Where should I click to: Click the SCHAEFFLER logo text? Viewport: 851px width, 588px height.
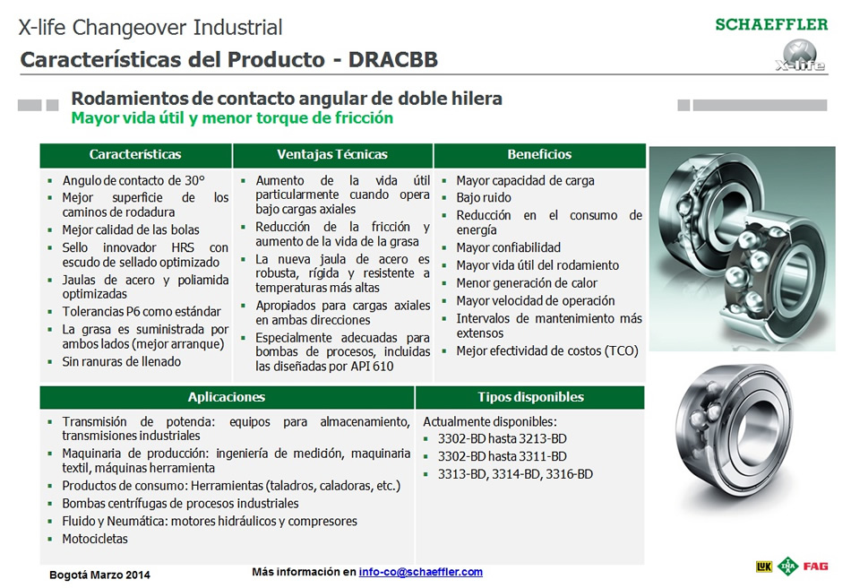(x=771, y=24)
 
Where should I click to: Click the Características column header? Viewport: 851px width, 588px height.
(x=135, y=155)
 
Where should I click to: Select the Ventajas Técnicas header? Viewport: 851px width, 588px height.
(x=332, y=155)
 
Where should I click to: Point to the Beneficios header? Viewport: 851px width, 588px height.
(x=539, y=155)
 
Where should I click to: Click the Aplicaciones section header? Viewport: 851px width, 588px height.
(x=227, y=397)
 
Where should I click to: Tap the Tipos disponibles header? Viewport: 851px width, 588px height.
(x=531, y=397)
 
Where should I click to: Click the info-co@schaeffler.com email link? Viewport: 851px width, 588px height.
(x=421, y=572)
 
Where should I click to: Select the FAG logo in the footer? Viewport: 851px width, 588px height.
(x=816, y=566)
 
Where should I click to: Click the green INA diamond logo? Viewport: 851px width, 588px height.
(x=787, y=566)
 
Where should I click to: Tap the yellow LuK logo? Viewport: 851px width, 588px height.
(x=763, y=566)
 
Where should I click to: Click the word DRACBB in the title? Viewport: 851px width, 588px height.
(x=393, y=60)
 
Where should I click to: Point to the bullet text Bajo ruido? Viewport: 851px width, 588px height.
(x=484, y=197)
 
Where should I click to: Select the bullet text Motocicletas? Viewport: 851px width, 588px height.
(x=95, y=539)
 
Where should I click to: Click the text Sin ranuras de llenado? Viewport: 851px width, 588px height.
(x=122, y=361)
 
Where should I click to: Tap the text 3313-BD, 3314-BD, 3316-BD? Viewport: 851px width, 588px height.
(x=516, y=474)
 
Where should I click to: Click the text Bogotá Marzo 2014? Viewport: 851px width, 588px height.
(x=99, y=575)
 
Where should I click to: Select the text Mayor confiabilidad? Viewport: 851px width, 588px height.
(x=509, y=247)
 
